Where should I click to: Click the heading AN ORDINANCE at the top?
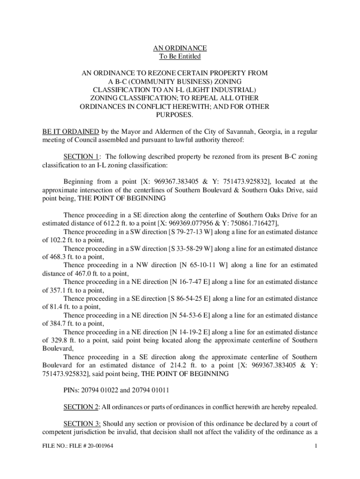click(180, 48)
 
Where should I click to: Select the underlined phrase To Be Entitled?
click(180, 57)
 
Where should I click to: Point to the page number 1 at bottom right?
click(317, 446)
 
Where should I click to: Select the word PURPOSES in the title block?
click(180, 115)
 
